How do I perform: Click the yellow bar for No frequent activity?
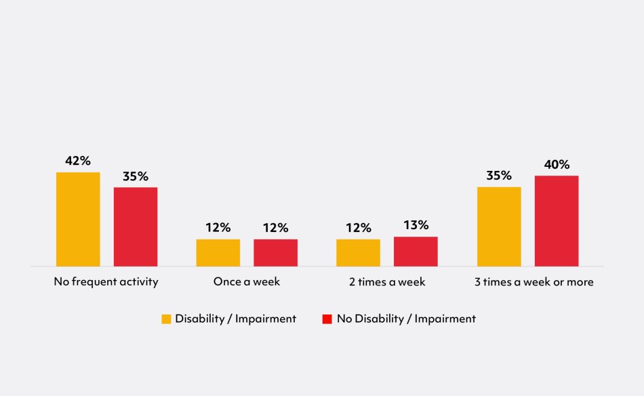tap(78, 219)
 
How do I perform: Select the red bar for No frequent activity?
tap(136, 226)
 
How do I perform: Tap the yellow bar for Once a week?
tap(218, 252)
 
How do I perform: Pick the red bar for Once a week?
tap(276, 252)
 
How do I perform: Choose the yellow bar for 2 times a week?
tap(358, 252)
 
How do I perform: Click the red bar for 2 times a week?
tap(416, 251)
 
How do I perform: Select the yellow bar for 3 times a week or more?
tap(499, 226)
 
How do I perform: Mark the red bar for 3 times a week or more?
tap(557, 221)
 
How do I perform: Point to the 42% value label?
tap(78, 161)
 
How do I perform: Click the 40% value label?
tap(557, 164)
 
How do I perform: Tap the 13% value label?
tap(416, 225)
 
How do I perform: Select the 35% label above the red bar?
tap(136, 176)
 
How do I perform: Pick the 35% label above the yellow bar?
tap(499, 176)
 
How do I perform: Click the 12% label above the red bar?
tap(276, 228)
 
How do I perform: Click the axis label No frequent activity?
tap(106, 281)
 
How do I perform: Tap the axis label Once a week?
tap(247, 281)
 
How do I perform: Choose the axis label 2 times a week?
tap(387, 281)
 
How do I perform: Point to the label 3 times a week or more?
tap(534, 281)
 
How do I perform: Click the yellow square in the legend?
tap(166, 319)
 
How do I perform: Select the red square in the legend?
tap(327, 319)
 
